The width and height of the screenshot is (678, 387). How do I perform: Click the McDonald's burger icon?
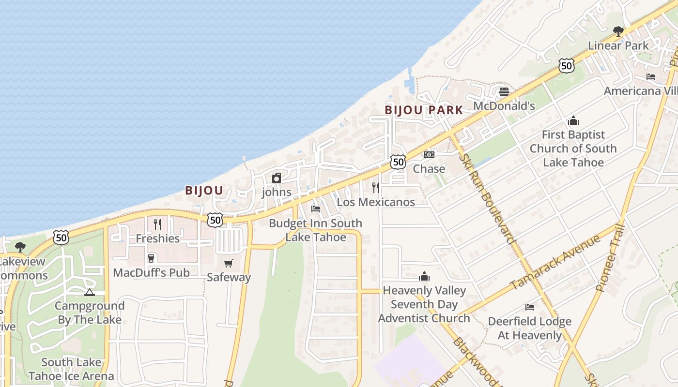tap(504, 91)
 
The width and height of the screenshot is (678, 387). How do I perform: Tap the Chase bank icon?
tap(429, 155)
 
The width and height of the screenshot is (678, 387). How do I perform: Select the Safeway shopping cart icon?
tap(229, 263)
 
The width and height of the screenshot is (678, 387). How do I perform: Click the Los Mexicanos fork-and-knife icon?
tap(376, 187)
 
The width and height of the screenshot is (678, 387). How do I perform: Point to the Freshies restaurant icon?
tap(157, 224)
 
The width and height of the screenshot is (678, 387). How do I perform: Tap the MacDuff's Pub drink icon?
tap(151, 258)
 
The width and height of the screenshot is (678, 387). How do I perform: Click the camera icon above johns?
tap(277, 178)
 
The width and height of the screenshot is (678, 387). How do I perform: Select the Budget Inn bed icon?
tap(316, 209)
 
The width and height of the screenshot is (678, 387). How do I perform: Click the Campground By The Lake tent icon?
tap(89, 292)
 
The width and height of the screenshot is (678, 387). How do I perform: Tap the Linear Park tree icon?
tap(618, 31)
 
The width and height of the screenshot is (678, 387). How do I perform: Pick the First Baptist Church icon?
tap(573, 120)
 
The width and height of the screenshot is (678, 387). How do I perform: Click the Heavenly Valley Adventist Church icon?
tap(424, 276)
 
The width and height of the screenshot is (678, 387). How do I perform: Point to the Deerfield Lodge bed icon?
tap(530, 307)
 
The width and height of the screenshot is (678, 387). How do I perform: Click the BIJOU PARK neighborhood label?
tap(424, 110)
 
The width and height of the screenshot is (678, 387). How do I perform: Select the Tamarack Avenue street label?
tap(555, 262)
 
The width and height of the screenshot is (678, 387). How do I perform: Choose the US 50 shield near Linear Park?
tap(566, 66)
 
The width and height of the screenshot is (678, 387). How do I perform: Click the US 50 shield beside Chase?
tap(398, 162)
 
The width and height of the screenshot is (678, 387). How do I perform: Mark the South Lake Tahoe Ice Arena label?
tap(71, 369)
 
